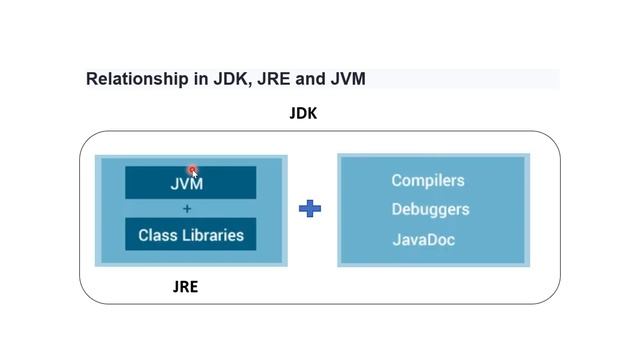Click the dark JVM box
pos(190,183)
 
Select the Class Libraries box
pos(190,235)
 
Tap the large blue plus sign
pos(310,209)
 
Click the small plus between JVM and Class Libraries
pos(187,209)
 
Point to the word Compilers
pos(428,181)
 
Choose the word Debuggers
pos(430,210)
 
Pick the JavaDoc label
pos(424,240)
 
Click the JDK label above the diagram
pos(303,113)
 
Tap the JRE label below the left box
pos(185,287)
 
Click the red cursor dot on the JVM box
pos(193,171)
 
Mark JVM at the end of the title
pos(348,79)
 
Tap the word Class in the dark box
pos(156,235)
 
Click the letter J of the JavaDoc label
pos(396,240)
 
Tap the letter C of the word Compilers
pos(397,181)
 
